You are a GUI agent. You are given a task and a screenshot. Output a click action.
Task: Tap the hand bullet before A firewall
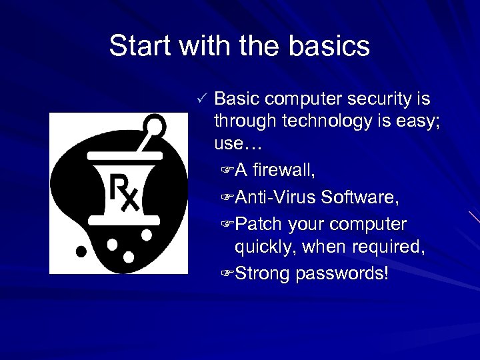tap(225, 171)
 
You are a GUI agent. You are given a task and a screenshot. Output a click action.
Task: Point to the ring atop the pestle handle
tap(155, 125)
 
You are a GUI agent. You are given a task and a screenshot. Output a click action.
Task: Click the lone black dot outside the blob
tap(81, 251)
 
